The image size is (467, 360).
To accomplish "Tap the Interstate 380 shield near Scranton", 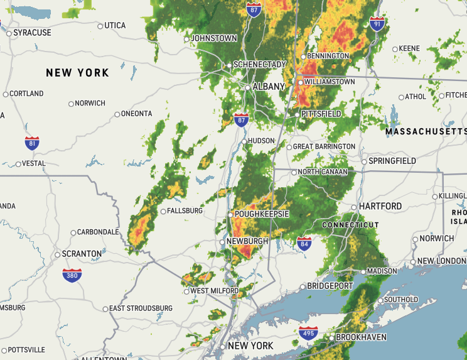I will (x=72, y=275).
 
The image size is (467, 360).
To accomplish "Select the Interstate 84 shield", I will (x=304, y=244).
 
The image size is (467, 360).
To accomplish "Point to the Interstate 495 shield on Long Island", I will (x=308, y=332).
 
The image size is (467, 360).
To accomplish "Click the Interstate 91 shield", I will (x=377, y=25).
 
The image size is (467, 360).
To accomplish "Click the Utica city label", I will (x=115, y=25).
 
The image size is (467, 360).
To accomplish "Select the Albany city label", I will (x=268, y=87).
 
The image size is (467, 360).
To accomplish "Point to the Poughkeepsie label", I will (x=261, y=214).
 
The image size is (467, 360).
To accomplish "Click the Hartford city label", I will (x=380, y=206).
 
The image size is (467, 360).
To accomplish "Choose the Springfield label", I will (x=392, y=161).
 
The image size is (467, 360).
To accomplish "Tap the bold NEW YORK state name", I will (x=77, y=73).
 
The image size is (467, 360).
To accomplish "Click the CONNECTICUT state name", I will (x=350, y=225).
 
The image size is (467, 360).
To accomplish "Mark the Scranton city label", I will (x=82, y=254).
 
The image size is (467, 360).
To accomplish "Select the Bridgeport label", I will (x=330, y=286).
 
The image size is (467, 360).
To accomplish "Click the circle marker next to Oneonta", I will (x=117, y=114).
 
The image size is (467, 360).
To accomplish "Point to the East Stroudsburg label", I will (x=141, y=308).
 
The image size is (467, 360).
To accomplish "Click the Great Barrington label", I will (x=325, y=146).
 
